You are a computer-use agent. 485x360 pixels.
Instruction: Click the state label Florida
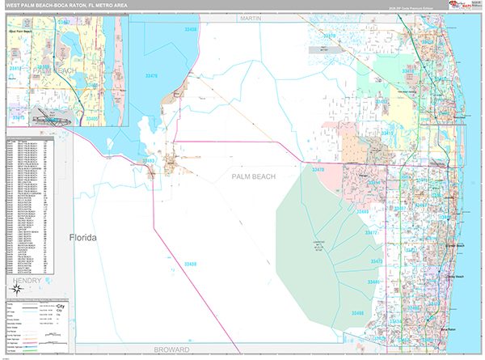tap(82, 238)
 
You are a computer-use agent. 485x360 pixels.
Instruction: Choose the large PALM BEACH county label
tap(253, 176)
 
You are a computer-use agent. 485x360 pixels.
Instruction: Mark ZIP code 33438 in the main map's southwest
tap(190, 263)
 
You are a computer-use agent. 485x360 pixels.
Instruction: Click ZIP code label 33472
tap(372, 232)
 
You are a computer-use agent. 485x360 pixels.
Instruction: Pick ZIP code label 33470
tap(318, 170)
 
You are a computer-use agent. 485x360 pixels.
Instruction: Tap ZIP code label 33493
tap(149, 161)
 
